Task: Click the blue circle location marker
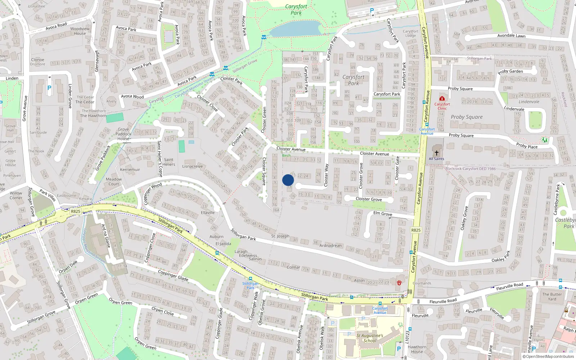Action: [288, 180]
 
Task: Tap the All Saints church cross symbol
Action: [437, 153]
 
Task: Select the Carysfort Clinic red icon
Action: [442, 98]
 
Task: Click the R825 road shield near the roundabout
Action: [76, 211]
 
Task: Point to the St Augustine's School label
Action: [370, 338]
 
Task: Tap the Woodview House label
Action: [80, 31]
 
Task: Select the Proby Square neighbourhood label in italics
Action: [467, 117]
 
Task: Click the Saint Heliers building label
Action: [168, 162]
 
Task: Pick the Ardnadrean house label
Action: [330, 246]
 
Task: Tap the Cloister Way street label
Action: [327, 175]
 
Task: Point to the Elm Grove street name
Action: [383, 213]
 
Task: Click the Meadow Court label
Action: [114, 181]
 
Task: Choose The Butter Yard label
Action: [552, 296]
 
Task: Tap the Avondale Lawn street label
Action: [511, 36]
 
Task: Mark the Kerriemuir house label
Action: [130, 170]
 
